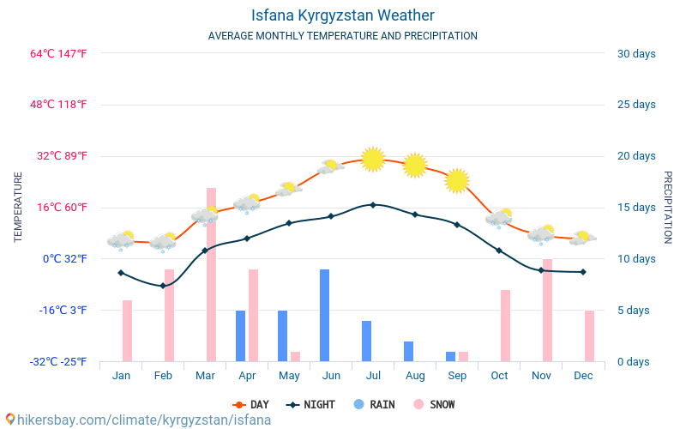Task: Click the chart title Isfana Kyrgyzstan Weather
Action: click(x=343, y=15)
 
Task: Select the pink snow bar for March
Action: click(x=211, y=275)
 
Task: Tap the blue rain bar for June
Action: click(x=325, y=315)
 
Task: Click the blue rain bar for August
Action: click(x=409, y=351)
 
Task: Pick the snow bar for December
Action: click(x=589, y=335)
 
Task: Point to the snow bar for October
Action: click(x=505, y=325)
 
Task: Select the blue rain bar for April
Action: click(x=241, y=335)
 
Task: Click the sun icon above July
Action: click(x=373, y=159)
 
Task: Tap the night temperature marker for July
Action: click(x=373, y=204)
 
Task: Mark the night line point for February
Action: click(x=163, y=286)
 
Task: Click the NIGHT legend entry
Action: click(x=312, y=404)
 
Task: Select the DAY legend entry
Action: click(x=251, y=404)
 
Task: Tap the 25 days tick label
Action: click(x=636, y=105)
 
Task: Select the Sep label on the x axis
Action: click(x=457, y=376)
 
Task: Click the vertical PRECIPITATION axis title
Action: click(x=668, y=207)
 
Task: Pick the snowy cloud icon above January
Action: click(x=122, y=241)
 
